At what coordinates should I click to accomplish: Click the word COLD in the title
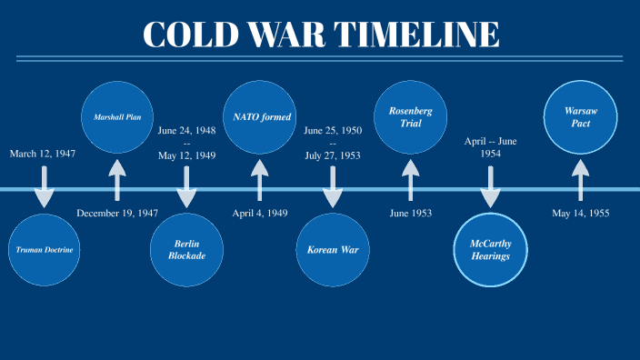point(191,35)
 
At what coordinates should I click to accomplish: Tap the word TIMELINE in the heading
point(416,35)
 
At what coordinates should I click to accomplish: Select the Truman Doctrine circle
point(44,250)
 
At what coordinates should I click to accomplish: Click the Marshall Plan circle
point(117,117)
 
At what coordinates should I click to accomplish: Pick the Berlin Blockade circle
point(186,250)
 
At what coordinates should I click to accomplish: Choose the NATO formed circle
point(260,117)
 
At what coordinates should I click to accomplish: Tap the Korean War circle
point(333,250)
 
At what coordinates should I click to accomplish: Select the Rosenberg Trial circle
point(410,117)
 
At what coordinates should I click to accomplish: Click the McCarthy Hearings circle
point(490,250)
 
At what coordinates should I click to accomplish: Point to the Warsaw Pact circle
point(580,117)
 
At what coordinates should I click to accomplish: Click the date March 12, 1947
point(43,154)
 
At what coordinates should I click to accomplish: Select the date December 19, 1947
point(117,213)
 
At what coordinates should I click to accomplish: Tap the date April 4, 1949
point(260,213)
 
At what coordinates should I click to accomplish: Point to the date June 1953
point(410,213)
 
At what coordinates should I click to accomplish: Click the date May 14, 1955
point(580,213)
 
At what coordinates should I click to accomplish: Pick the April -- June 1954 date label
point(490,147)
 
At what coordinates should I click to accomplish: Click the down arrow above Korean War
point(333,187)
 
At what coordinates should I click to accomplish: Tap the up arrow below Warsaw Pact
point(580,180)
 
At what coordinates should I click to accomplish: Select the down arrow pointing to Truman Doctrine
point(44,187)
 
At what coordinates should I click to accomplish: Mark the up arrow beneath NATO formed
point(260,180)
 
